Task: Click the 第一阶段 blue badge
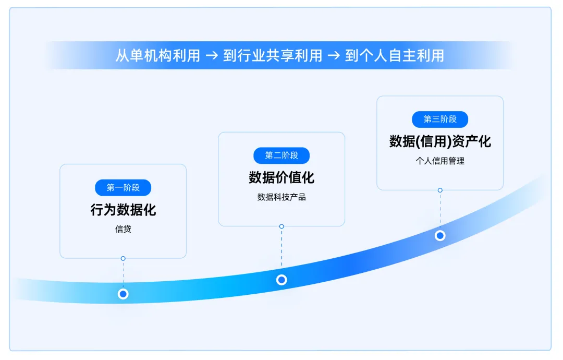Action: pos(123,188)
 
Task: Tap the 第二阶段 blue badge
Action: pos(281,155)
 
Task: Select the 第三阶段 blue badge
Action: pos(440,119)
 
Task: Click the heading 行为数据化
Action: pos(123,210)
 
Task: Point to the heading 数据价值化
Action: pos(281,177)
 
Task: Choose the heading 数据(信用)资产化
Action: pos(440,141)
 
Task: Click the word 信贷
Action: pos(123,229)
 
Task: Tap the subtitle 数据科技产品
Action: pos(281,197)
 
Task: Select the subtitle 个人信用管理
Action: pos(440,161)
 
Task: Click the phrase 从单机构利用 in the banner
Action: pos(158,56)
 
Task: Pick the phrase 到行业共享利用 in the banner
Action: pos(273,56)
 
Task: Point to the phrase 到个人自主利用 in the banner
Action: pos(395,56)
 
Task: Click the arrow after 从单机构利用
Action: pos(212,56)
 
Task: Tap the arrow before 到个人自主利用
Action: pos(334,56)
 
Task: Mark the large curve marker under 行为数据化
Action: pos(123,294)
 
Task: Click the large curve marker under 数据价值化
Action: pos(281,280)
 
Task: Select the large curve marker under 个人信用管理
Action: pos(440,235)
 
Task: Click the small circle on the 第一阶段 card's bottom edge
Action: pos(123,258)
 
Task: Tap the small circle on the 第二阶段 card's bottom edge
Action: pos(281,226)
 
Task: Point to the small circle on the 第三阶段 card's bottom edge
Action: pos(440,190)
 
